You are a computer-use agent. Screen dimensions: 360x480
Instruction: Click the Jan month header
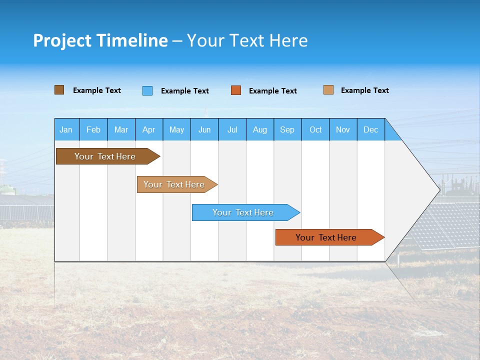66,129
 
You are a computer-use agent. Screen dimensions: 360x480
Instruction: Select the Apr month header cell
149,129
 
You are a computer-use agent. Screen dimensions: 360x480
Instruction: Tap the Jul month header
232,129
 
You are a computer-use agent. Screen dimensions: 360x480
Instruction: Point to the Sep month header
287,129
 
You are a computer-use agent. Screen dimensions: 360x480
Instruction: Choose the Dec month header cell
370,129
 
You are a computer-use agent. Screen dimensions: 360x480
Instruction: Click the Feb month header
93,129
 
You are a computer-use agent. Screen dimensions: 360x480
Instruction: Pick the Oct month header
315,129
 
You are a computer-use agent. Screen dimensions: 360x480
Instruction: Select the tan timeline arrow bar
175,184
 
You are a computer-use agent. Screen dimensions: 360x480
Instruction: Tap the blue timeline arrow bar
244,212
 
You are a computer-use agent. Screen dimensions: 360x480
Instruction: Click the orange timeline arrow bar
327,237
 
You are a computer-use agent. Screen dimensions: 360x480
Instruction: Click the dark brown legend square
59,90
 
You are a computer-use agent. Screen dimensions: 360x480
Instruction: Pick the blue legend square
147,90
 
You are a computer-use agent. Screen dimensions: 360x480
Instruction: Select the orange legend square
236,90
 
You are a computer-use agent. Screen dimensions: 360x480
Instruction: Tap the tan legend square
328,90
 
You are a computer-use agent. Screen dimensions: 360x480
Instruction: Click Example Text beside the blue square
185,91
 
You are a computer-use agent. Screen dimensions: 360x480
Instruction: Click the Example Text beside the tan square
365,90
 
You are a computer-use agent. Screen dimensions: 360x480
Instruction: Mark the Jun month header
204,129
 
